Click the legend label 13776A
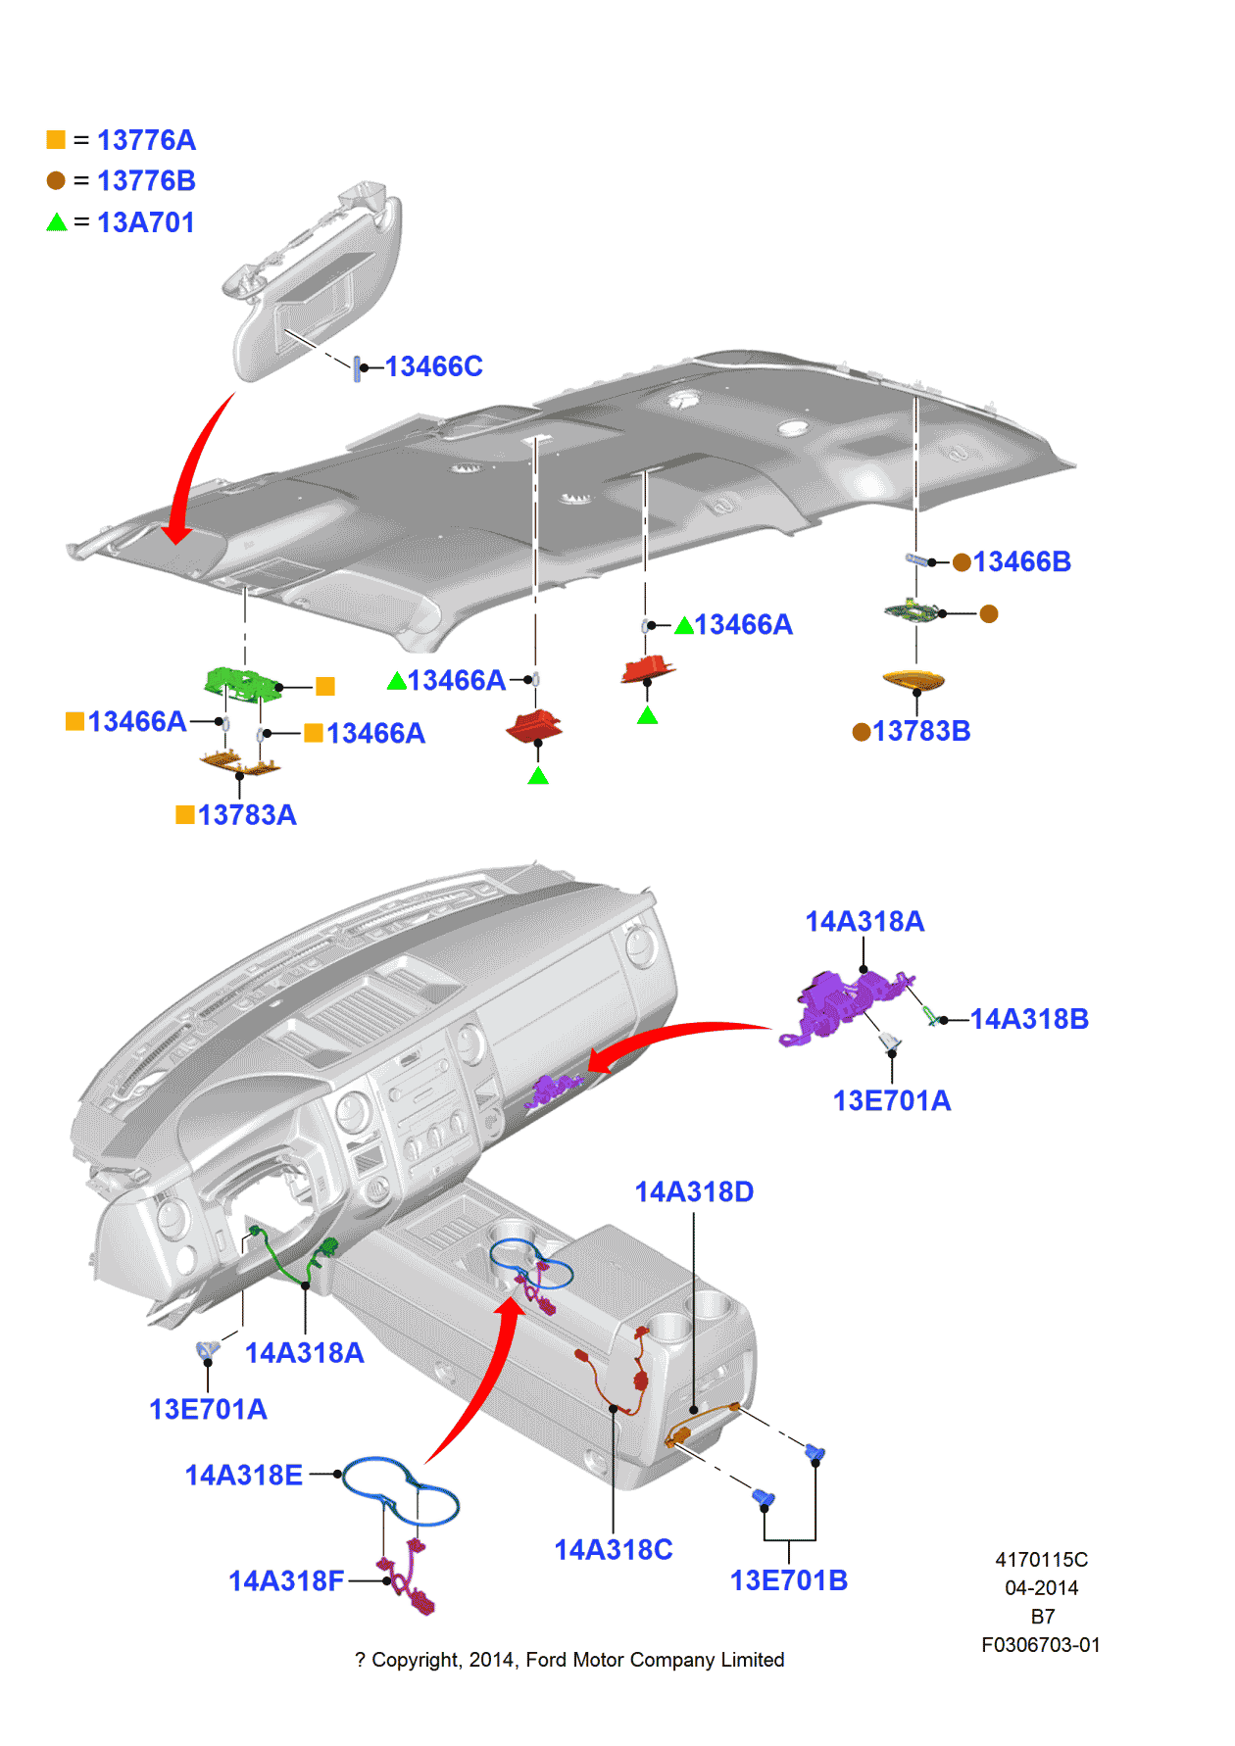pyautogui.click(x=146, y=140)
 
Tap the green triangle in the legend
pyautogui.click(x=57, y=222)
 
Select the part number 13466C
pyautogui.click(x=433, y=366)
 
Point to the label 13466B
pyautogui.click(x=1021, y=561)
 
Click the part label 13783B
pyautogui.click(x=920, y=731)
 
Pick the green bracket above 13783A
pyautogui.click(x=241, y=681)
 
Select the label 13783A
pyautogui.click(x=246, y=815)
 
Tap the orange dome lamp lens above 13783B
pyautogui.click(x=913, y=678)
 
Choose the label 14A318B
pyautogui.click(x=1029, y=1019)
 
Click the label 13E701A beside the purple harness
pyautogui.click(x=891, y=1100)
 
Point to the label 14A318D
pyautogui.click(x=694, y=1191)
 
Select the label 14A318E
pyautogui.click(x=244, y=1475)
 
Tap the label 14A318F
pyautogui.click(x=286, y=1580)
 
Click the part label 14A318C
pyautogui.click(x=614, y=1549)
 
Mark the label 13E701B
pyautogui.click(x=788, y=1580)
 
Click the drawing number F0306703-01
pyautogui.click(x=1040, y=1645)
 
